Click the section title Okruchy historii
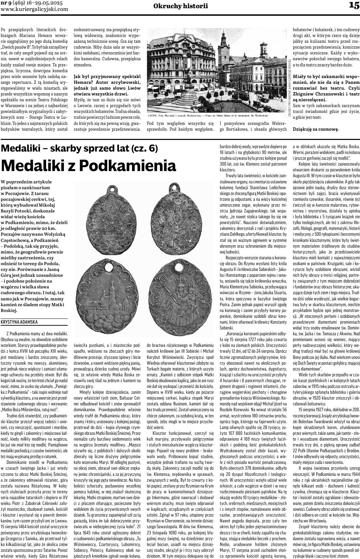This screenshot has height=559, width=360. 181,6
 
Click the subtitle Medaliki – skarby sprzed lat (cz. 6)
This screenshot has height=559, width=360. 80,148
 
